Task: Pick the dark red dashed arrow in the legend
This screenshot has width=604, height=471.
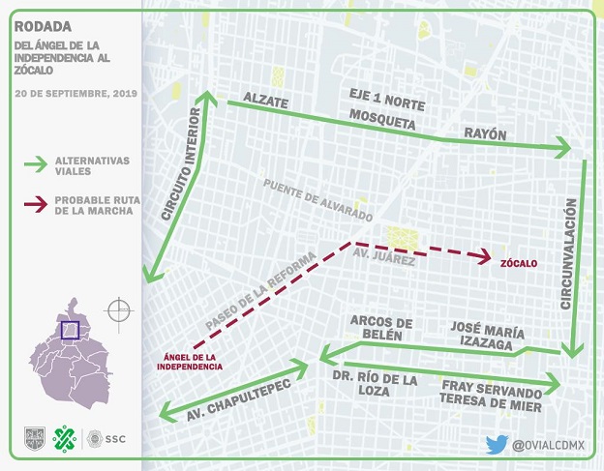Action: pyautogui.click(x=37, y=204)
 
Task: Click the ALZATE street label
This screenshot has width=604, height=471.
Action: pyautogui.click(x=266, y=100)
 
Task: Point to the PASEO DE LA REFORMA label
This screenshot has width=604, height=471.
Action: pyautogui.click(x=260, y=289)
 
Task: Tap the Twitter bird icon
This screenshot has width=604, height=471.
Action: pyautogui.click(x=497, y=444)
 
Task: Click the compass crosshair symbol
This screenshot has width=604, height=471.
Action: pyautogui.click(x=118, y=310)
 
